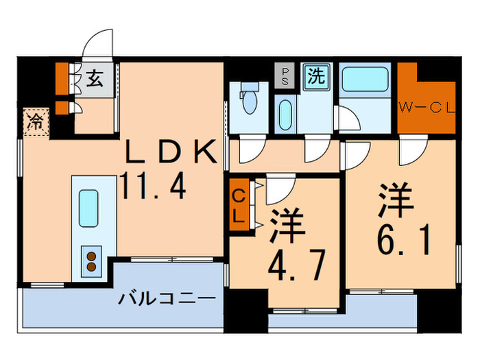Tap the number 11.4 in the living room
click(x=154, y=186)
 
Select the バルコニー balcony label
click(x=167, y=299)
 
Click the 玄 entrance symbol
click(x=95, y=79)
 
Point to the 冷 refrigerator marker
click(x=34, y=123)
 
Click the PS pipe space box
click(x=283, y=75)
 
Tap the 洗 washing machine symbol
click(x=315, y=76)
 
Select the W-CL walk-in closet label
click(x=427, y=107)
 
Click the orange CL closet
click(x=238, y=206)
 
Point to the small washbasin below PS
click(x=285, y=112)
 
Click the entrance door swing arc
click(x=97, y=44)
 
